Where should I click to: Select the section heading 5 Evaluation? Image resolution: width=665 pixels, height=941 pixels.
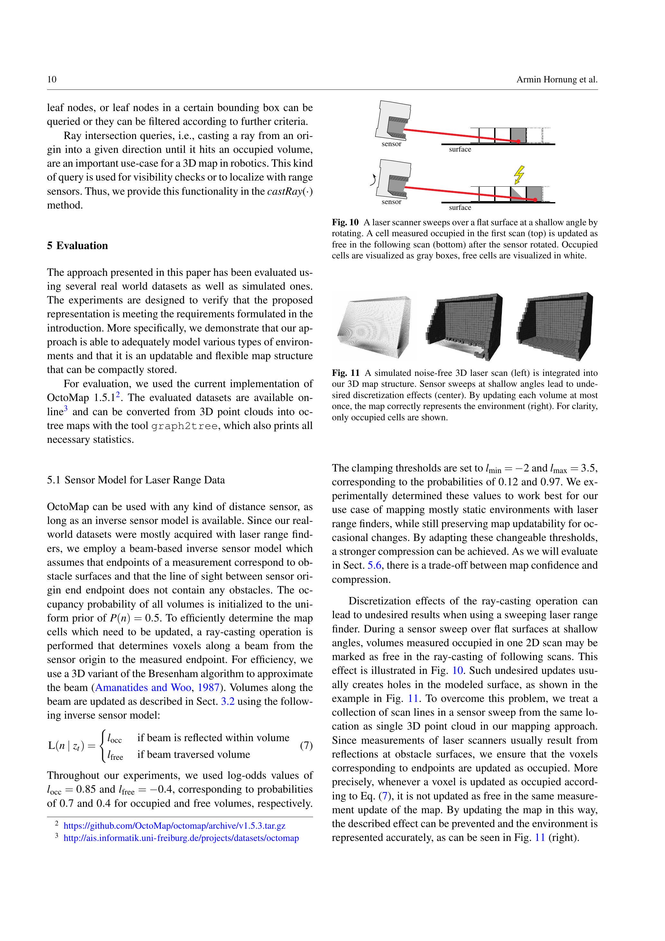[78, 246]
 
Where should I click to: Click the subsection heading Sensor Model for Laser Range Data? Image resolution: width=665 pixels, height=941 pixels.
[144, 480]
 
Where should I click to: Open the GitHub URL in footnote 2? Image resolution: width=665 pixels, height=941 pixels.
[174, 826]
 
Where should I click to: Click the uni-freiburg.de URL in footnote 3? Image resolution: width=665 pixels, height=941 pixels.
[181, 838]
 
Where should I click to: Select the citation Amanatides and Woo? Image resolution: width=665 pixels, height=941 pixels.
[143, 687]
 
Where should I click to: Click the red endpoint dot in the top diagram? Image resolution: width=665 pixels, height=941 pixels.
[518, 141]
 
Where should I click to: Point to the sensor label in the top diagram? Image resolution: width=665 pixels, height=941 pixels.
[391, 144]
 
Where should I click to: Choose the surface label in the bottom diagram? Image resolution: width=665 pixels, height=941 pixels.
[460, 207]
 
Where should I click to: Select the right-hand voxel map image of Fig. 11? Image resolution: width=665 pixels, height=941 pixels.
[555, 326]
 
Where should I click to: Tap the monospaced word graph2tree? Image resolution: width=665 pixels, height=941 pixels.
[184, 426]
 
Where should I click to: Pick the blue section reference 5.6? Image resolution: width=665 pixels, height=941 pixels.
[374, 565]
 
